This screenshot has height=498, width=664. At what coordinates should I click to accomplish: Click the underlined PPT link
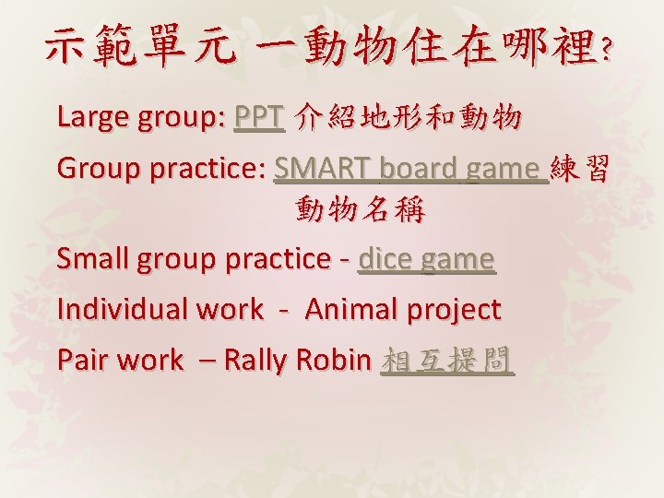(x=258, y=118)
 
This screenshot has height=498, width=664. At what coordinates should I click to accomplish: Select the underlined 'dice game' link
(x=426, y=260)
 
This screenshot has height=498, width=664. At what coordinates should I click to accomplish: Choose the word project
(x=455, y=310)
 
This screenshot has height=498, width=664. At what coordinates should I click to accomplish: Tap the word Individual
(x=122, y=310)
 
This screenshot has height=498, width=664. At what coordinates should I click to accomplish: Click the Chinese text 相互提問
(x=447, y=360)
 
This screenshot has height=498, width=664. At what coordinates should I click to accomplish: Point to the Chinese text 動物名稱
(x=360, y=212)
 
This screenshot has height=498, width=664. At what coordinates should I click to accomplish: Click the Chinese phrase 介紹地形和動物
(x=408, y=118)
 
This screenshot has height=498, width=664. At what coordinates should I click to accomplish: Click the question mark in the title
(x=603, y=53)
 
